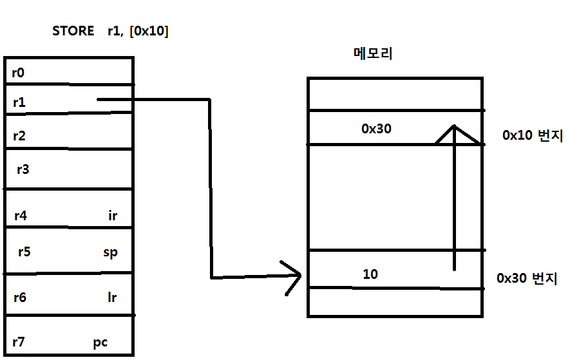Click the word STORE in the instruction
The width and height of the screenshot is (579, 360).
(73, 31)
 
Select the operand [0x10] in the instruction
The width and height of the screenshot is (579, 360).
(149, 31)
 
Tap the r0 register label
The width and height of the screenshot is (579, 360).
(18, 73)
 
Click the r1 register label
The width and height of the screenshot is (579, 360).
(19, 101)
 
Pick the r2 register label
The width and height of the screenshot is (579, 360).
(19, 136)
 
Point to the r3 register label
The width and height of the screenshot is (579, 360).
(23, 169)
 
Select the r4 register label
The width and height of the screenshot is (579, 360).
(20, 215)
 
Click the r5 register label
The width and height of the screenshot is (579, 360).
(24, 251)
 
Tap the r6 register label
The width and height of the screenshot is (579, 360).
(20, 298)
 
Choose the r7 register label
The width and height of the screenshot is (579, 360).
(18, 342)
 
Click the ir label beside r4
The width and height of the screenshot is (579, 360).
(113, 216)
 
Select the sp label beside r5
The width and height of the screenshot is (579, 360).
(110, 252)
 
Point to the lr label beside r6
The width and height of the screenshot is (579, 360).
(112, 298)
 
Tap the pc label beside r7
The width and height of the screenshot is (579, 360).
(100, 343)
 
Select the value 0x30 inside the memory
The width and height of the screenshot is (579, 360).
(376, 129)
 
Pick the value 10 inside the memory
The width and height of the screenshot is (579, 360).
(370, 274)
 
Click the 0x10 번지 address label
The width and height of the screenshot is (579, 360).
(533, 136)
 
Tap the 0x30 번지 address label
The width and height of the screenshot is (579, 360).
(527, 279)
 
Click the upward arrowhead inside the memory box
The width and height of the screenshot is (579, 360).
(455, 133)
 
